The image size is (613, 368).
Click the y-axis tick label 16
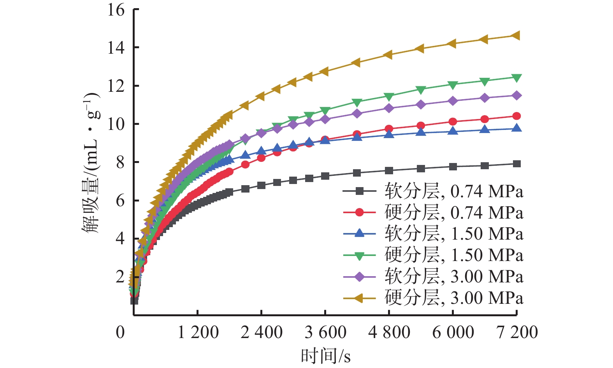[x=116, y=10]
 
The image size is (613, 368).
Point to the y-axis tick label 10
[x=116, y=124]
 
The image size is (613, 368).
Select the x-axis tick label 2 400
[x=262, y=333]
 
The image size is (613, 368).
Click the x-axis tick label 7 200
[x=517, y=333]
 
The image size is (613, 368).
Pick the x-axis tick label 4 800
[x=389, y=333]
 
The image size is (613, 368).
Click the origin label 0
[x=121, y=333]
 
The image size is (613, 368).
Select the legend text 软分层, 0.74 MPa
[x=454, y=191]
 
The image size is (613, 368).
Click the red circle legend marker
[x=359, y=212]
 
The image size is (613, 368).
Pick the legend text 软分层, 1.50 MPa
[x=454, y=234]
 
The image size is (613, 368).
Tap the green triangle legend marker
[x=359, y=256]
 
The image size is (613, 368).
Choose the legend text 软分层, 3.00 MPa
[x=454, y=277]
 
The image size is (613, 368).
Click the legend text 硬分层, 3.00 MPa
[x=454, y=298]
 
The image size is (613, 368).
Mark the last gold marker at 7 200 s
[x=516, y=36]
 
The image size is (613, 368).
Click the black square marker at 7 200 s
[x=517, y=164]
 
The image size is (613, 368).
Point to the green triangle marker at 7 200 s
[x=517, y=78]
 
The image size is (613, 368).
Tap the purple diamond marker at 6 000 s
[x=453, y=101]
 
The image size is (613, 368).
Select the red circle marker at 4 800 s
[x=389, y=129]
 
